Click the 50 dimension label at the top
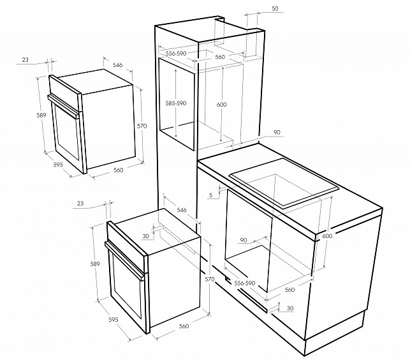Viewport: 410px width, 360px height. [x=275, y=9]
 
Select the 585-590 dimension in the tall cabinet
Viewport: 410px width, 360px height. [x=176, y=103]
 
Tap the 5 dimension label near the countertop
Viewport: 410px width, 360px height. [x=211, y=195]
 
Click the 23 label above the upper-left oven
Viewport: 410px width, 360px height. [x=25, y=60]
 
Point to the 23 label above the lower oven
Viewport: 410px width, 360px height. [x=80, y=203]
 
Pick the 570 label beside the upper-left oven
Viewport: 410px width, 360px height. [x=142, y=126]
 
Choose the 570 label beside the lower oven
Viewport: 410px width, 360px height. [x=209, y=280]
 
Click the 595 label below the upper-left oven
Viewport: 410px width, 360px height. [x=58, y=165]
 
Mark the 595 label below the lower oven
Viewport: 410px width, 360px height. [x=113, y=320]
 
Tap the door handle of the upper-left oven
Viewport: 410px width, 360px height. [x=63, y=107]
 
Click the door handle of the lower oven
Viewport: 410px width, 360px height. [x=124, y=261]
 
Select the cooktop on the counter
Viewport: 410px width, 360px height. [x=284, y=183]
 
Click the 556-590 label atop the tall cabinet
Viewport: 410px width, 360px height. [x=176, y=54]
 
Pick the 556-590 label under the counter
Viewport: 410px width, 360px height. [x=244, y=283]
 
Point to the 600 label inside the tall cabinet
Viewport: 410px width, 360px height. [x=221, y=105]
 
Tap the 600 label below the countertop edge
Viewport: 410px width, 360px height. [x=327, y=236]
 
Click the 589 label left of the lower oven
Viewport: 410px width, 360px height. [x=95, y=264]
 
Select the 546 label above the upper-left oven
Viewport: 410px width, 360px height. [x=117, y=64]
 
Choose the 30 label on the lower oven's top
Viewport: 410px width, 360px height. [x=145, y=236]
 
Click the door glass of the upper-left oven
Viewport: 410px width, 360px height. [x=67, y=133]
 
